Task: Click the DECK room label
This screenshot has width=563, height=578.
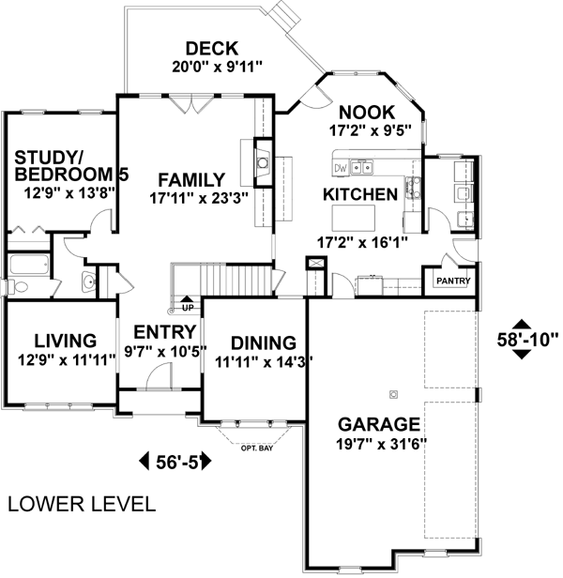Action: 212,49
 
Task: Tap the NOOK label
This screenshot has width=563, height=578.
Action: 367,113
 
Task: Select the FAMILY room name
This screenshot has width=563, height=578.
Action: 191,180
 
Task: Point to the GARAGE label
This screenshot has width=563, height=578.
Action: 379,424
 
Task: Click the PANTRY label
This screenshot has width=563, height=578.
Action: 453,281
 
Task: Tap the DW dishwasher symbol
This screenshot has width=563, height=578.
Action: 341,169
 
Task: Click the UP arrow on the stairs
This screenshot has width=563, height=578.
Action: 188,299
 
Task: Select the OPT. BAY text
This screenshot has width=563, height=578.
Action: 257,449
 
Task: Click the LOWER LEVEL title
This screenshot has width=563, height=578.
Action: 82,504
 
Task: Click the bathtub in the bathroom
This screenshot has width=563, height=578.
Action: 29,265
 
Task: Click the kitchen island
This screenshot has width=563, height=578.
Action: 353,218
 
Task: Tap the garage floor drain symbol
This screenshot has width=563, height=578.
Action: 393,395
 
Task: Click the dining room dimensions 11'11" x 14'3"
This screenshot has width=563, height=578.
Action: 264,362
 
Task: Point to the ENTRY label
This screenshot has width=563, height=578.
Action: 164,332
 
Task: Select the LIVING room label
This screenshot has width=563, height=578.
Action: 66,341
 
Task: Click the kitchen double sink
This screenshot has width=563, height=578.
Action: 361,168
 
